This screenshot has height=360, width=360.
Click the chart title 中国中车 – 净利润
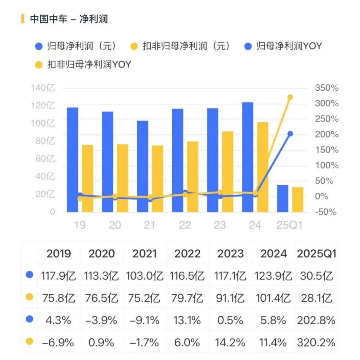click(x=69, y=19)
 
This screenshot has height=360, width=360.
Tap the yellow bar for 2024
click(x=263, y=167)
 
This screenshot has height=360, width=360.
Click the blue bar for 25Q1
click(x=283, y=198)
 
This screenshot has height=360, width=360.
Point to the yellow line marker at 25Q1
click(x=290, y=97)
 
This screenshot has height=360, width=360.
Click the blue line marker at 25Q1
click(x=290, y=134)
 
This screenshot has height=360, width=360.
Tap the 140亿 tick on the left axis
click(x=43, y=88)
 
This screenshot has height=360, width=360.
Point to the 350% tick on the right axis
click(x=327, y=88)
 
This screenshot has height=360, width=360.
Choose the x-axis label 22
click(x=185, y=225)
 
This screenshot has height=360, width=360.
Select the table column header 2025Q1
click(x=316, y=254)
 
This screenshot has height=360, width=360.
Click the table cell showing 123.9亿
click(x=273, y=276)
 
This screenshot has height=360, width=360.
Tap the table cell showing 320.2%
click(x=316, y=342)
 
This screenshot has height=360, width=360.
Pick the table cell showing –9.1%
click(x=144, y=320)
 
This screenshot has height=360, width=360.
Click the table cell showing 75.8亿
click(x=59, y=298)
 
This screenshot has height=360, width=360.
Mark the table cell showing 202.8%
click(x=316, y=320)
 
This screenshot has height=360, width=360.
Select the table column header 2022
click(x=187, y=254)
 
